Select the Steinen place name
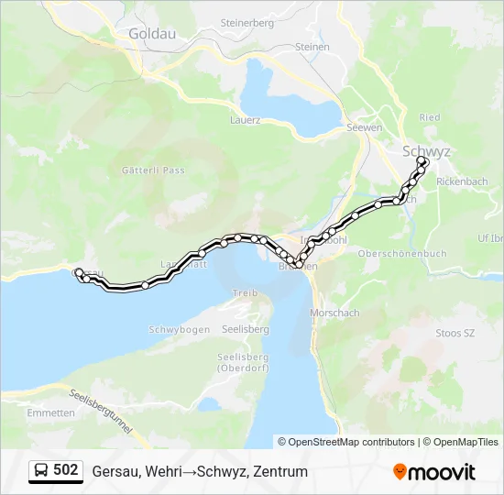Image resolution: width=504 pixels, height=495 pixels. (x=312, y=47)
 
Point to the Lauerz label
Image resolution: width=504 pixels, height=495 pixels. (x=246, y=119)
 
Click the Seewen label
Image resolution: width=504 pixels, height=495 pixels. (x=364, y=127)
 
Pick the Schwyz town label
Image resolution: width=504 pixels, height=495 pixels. (x=427, y=150)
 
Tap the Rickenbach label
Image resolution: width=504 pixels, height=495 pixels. (x=463, y=181)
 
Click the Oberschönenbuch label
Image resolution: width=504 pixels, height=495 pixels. (x=401, y=253)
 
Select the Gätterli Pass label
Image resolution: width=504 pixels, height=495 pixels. (x=153, y=170)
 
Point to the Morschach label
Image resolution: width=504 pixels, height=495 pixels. (x=334, y=313)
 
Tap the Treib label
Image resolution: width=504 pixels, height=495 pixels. (x=245, y=292)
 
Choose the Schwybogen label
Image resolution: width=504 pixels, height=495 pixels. (x=179, y=329)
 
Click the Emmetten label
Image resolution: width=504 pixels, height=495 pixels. (x=51, y=413)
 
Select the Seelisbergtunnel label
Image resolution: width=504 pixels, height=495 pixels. (x=101, y=412)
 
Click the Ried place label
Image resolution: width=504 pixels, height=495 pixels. (x=430, y=117)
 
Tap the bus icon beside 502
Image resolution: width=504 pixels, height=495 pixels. (x=41, y=471)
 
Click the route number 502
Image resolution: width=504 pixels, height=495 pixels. (x=66, y=470)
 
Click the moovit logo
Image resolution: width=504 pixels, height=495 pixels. (x=434, y=472)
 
